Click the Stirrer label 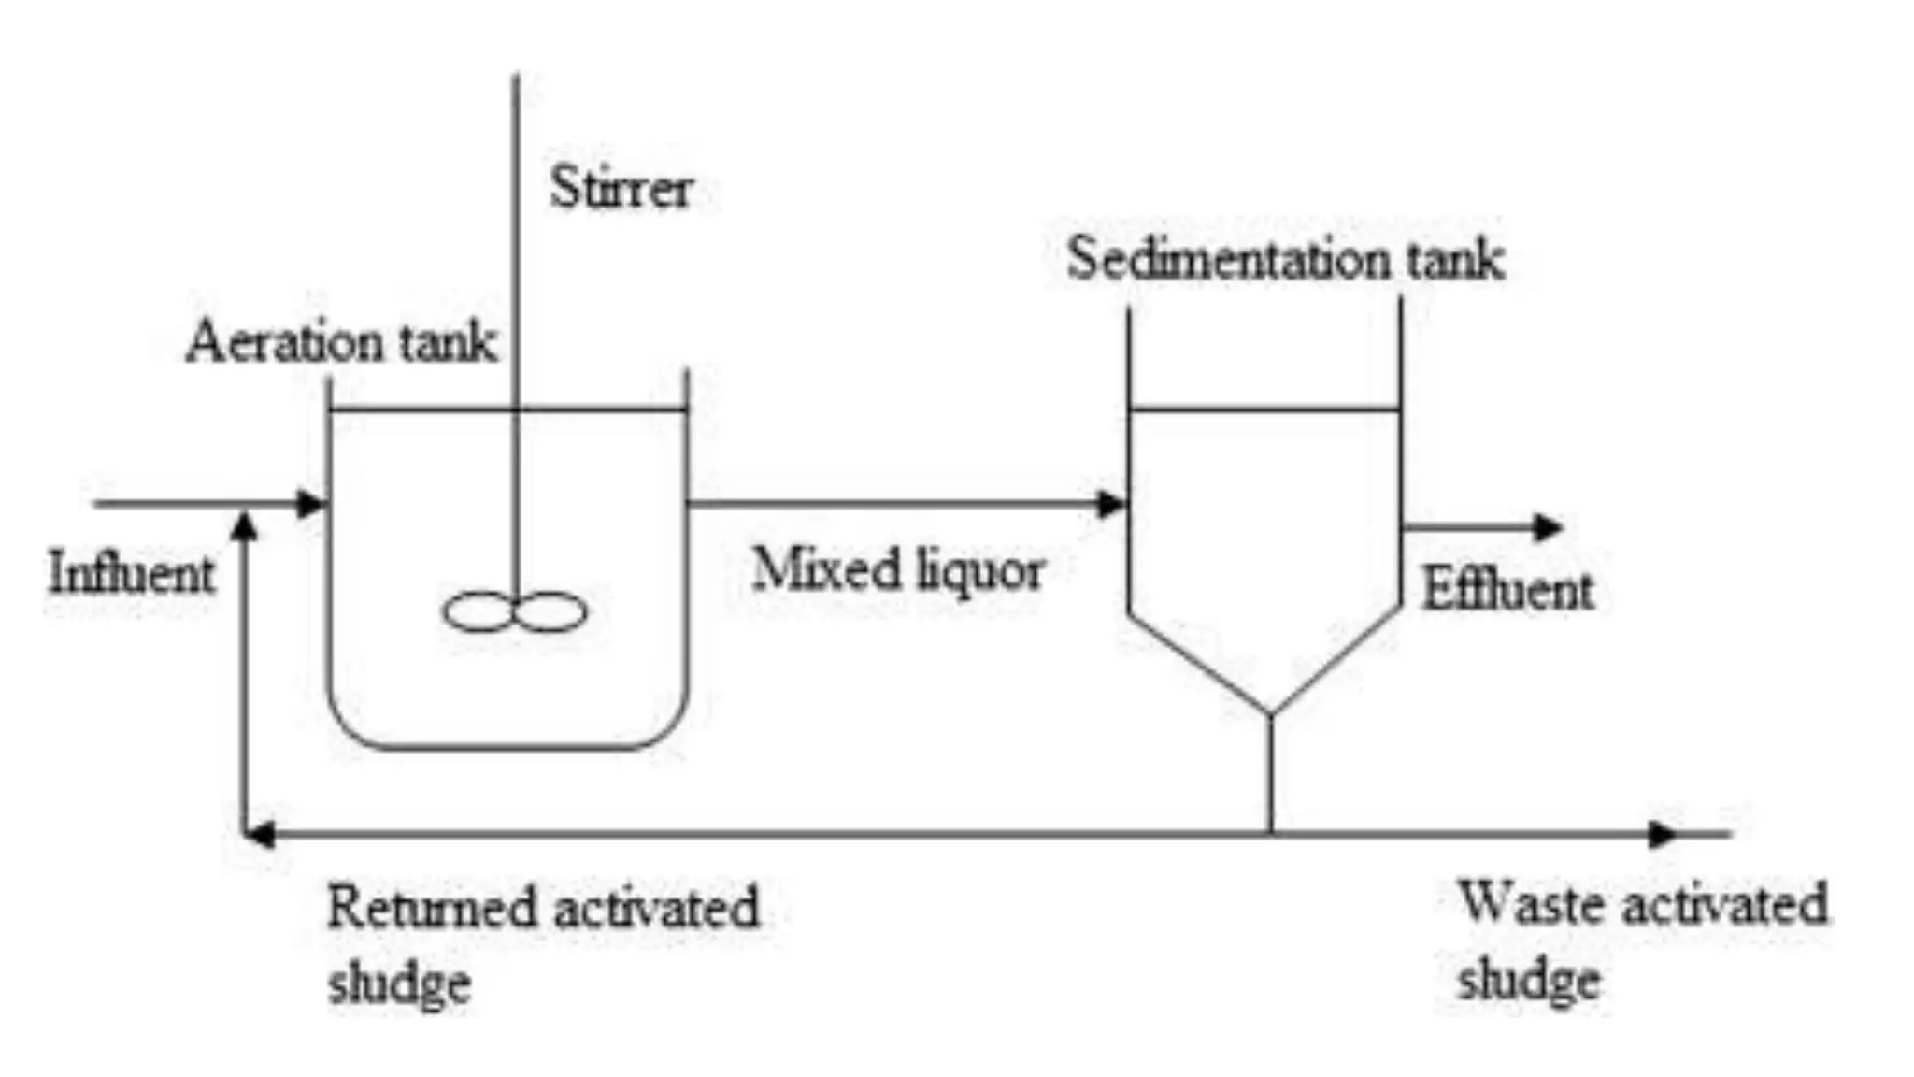click(x=621, y=189)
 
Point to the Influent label click(x=131, y=573)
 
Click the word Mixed click(x=826, y=568)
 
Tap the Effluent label click(x=1507, y=591)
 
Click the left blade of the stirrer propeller click(x=478, y=612)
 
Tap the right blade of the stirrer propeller click(x=551, y=612)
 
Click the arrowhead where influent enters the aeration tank click(x=310, y=504)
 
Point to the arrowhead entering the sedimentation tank click(x=1111, y=504)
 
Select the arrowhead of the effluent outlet click(x=1549, y=527)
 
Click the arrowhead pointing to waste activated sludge click(x=1662, y=834)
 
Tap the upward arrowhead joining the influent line click(x=245, y=525)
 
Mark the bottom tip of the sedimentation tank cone click(x=1270, y=715)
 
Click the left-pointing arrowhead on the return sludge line click(x=259, y=834)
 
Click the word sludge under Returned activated click(x=399, y=984)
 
